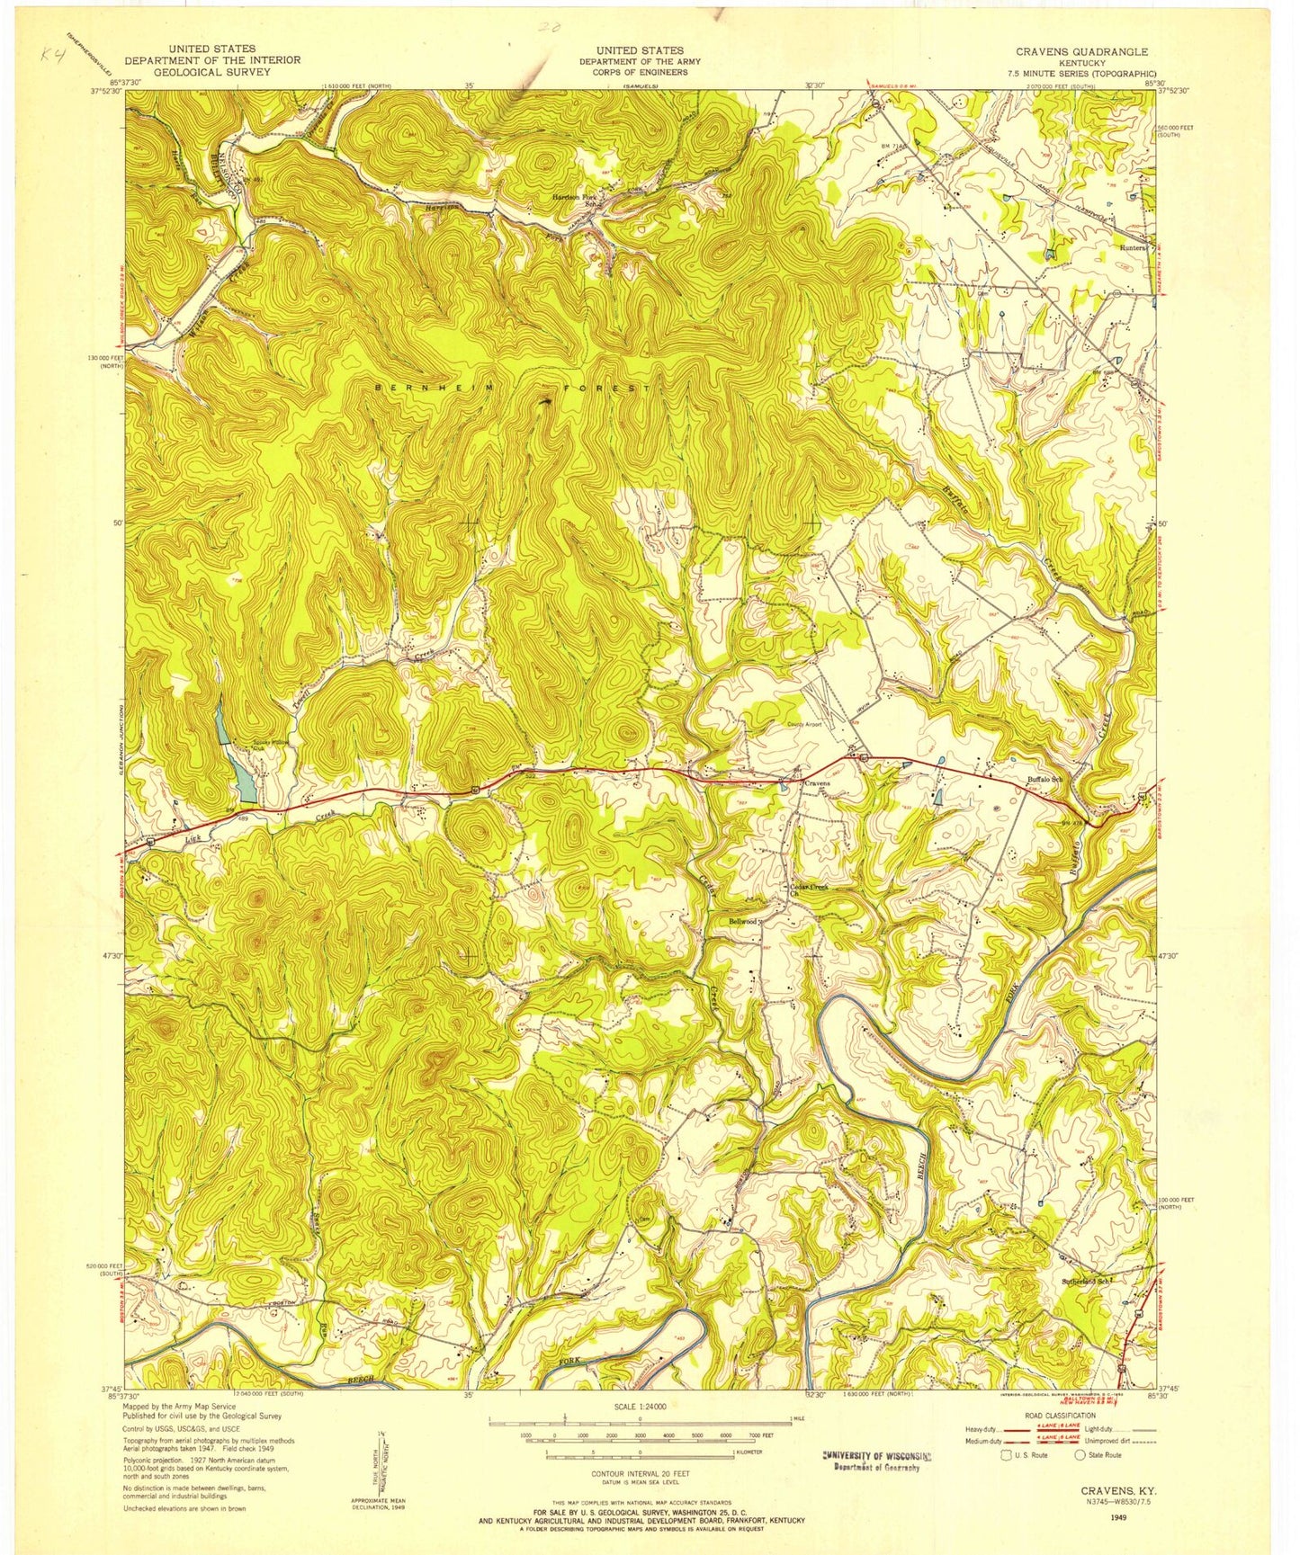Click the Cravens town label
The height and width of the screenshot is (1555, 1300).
[x=817, y=783]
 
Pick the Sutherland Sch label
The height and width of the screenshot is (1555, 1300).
[x=1087, y=1278]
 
